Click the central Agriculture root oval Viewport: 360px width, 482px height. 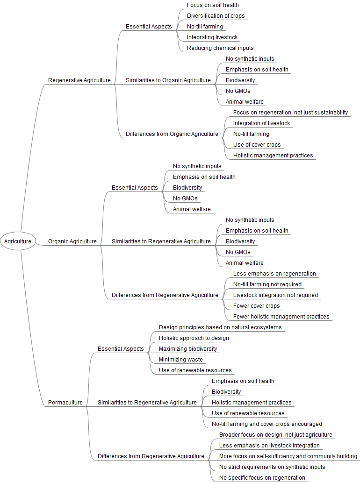(18, 241)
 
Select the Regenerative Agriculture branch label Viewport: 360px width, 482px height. (79, 80)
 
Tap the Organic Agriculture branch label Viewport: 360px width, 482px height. (72, 241)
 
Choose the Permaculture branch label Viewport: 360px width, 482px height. (65, 403)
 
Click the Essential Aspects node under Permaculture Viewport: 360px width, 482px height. (121, 349)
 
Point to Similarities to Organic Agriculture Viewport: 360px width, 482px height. (168, 80)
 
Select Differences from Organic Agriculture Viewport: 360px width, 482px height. (172, 134)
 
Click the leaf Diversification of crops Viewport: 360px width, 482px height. (216, 16)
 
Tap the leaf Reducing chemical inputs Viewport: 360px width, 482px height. (220, 48)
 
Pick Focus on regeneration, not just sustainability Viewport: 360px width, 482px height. (291, 113)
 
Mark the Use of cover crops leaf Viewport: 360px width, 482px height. (257, 145)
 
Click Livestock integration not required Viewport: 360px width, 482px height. (275, 295)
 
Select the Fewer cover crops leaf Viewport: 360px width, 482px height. (257, 306)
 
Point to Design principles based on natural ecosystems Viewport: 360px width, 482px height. (220, 327)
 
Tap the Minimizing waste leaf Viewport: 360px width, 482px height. (181, 360)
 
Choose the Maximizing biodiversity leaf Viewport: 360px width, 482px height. (188, 349)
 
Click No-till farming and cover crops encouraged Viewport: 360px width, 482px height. (267, 424)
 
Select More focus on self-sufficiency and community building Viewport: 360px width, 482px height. (288, 456)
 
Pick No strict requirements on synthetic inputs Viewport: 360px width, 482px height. (272, 467)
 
